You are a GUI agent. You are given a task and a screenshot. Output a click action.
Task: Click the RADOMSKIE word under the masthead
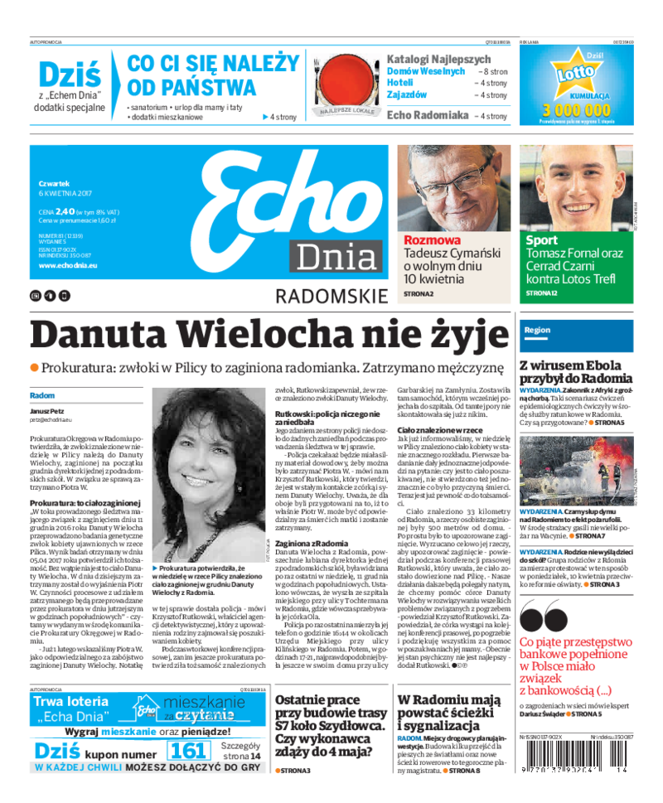(x=331, y=297)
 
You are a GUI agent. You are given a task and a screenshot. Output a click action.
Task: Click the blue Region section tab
(x=536, y=330)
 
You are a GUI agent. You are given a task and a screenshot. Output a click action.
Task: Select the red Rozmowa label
(x=432, y=240)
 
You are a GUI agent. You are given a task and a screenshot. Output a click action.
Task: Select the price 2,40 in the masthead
(x=66, y=211)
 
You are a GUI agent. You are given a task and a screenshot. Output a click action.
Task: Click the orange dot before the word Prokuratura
(x=35, y=367)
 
